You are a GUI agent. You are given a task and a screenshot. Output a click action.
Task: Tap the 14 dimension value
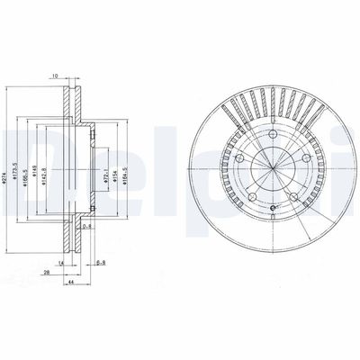(x=60, y=262)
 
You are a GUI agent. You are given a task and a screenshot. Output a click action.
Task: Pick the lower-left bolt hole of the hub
(x=253, y=190)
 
